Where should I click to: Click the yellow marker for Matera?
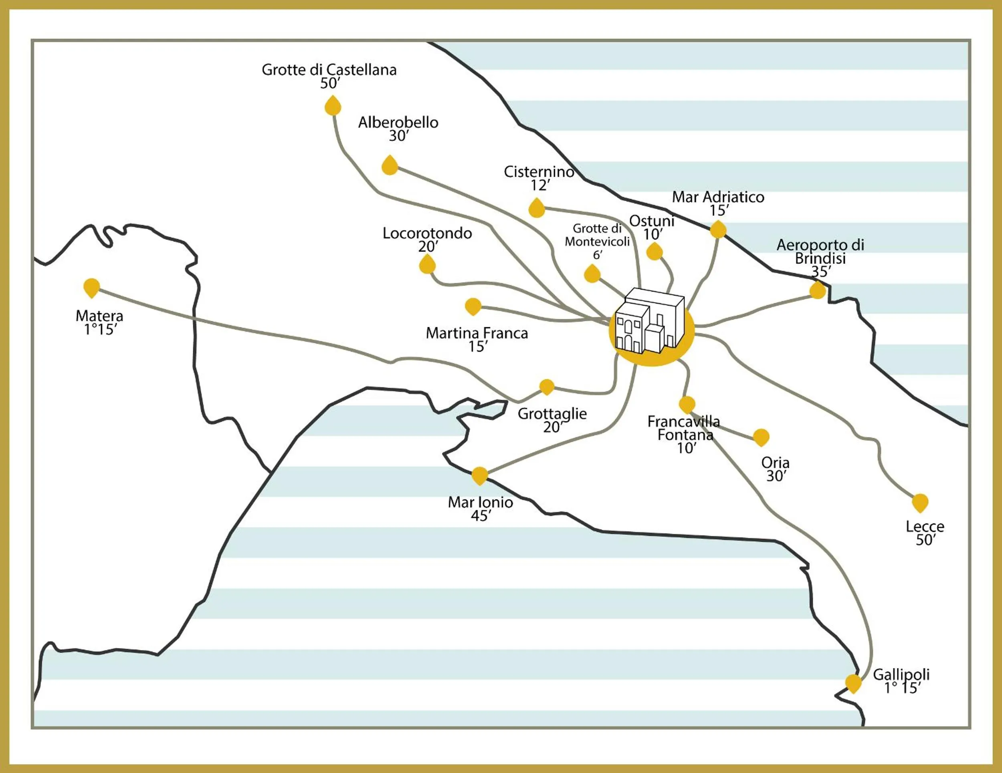click(92, 288)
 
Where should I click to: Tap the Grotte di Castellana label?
click(329, 70)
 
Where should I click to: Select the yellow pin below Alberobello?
click(390, 166)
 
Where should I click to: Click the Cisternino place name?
click(539, 172)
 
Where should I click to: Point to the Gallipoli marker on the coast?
click(853, 683)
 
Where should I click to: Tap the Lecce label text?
click(925, 526)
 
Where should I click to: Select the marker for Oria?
click(761, 437)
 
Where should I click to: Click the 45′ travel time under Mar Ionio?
click(480, 516)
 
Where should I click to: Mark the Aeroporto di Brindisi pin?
click(818, 290)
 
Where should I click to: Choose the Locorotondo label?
click(427, 234)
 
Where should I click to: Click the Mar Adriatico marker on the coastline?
click(718, 229)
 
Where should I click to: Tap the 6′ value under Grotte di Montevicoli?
click(597, 256)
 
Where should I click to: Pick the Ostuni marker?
click(654, 252)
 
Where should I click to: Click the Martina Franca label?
click(477, 333)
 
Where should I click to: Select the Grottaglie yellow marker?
click(546, 386)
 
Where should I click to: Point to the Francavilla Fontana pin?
click(687, 405)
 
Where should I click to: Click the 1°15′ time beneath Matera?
click(101, 330)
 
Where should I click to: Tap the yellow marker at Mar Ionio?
click(479, 475)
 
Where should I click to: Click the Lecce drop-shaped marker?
click(920, 503)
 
